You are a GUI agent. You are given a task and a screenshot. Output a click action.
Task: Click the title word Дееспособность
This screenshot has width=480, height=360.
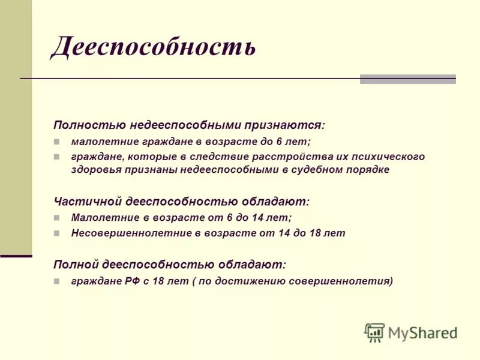pos(154,47)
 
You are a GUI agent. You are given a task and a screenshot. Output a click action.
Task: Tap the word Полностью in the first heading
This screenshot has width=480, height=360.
pos(89,125)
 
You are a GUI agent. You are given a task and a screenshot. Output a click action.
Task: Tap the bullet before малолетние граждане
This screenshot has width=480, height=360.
pos(57,142)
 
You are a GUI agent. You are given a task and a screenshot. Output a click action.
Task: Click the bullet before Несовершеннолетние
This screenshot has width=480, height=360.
pos(57,233)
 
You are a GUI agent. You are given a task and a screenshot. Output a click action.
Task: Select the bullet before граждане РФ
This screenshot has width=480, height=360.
pos(57,281)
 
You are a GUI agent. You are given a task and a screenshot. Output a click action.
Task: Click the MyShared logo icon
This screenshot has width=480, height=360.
pos(374,332)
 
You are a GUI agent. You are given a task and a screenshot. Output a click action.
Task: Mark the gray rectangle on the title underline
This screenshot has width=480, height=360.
pos(407,79)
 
